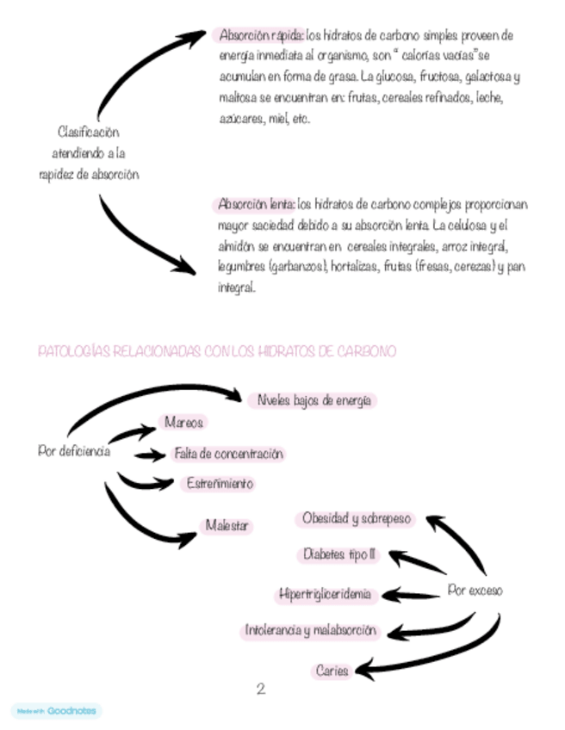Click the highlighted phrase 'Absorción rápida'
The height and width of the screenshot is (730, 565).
(260, 36)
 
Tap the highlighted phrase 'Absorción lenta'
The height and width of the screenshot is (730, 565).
(256, 206)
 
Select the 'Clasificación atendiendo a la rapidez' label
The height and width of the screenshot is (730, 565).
(88, 153)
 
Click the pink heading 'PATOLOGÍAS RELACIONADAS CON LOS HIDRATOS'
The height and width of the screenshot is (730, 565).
(216, 352)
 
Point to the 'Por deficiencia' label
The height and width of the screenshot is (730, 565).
(74, 450)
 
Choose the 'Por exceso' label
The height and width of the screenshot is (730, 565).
(475, 591)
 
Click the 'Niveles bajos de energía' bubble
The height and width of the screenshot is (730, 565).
(313, 400)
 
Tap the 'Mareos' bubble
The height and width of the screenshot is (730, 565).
(182, 423)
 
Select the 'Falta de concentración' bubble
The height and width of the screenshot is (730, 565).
(228, 453)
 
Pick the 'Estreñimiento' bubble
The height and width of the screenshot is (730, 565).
(220, 484)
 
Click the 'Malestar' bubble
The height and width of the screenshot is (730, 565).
(227, 525)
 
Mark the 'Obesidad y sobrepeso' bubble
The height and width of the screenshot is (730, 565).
(357, 519)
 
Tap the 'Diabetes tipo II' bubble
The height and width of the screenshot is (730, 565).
(340, 554)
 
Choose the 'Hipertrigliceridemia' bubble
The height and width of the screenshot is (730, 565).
(325, 594)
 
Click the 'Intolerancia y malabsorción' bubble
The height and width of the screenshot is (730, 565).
(311, 631)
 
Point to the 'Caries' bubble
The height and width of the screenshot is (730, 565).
(332, 671)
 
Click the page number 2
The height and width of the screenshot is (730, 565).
(260, 689)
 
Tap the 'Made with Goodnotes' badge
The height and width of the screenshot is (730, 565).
(57, 711)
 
